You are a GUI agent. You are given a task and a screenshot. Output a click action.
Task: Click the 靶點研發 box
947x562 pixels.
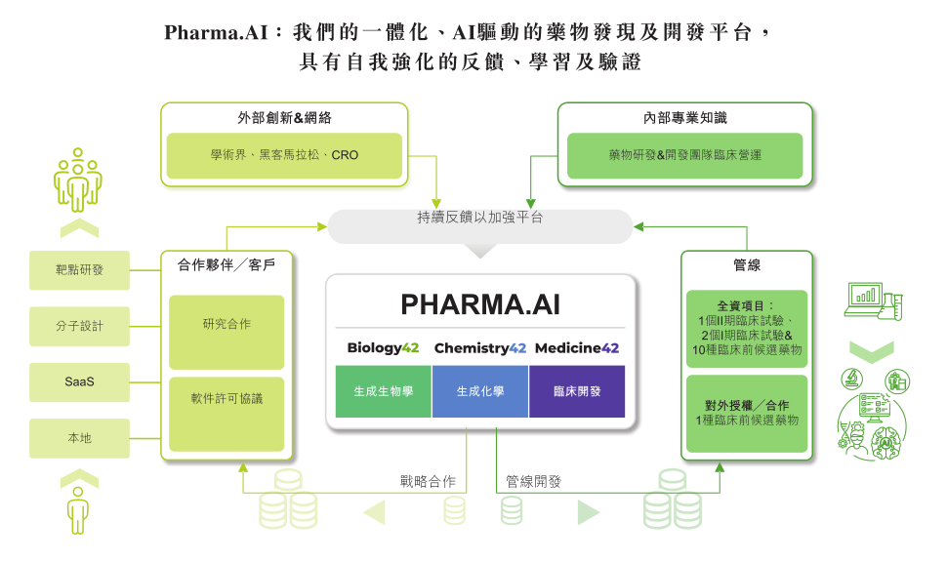pos(79,270)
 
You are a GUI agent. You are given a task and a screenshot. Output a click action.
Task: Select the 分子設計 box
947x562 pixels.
pos(79,326)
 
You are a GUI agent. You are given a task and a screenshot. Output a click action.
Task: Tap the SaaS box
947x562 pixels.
pos(79,382)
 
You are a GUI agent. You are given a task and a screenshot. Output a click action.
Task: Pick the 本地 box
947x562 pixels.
pos(79,438)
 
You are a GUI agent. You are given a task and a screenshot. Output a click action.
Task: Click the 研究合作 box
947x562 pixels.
pos(226,332)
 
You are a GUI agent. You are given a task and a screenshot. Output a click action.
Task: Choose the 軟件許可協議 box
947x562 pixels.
pos(226,414)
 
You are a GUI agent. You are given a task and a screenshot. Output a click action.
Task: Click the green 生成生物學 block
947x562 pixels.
pos(384,391)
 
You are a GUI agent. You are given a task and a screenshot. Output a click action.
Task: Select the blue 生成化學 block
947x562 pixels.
pos(480,391)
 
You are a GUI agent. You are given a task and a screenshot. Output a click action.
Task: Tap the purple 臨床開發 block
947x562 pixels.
pos(577,391)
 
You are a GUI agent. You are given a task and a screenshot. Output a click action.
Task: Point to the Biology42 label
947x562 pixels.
pos(383,348)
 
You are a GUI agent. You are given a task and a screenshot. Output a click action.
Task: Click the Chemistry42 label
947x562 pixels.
pos(480,348)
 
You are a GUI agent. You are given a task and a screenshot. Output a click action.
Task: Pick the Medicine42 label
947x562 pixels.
pos(577,348)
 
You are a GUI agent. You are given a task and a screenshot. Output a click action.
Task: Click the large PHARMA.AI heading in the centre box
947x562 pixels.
pos(480,304)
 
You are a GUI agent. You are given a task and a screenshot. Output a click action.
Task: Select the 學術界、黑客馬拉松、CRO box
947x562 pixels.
pos(284,156)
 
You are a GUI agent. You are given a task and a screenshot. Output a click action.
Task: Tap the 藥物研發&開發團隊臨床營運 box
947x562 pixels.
pos(685,156)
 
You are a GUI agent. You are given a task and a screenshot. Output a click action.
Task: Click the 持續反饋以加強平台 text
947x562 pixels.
pos(480,218)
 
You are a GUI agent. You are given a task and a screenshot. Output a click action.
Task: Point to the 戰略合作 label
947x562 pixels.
pos(428,482)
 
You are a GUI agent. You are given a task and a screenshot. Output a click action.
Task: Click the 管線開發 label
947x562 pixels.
pos(533,482)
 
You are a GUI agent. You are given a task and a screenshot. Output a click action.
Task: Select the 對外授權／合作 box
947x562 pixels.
pos(747,414)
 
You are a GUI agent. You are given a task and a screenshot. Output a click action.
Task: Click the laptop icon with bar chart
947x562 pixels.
pos(865,300)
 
